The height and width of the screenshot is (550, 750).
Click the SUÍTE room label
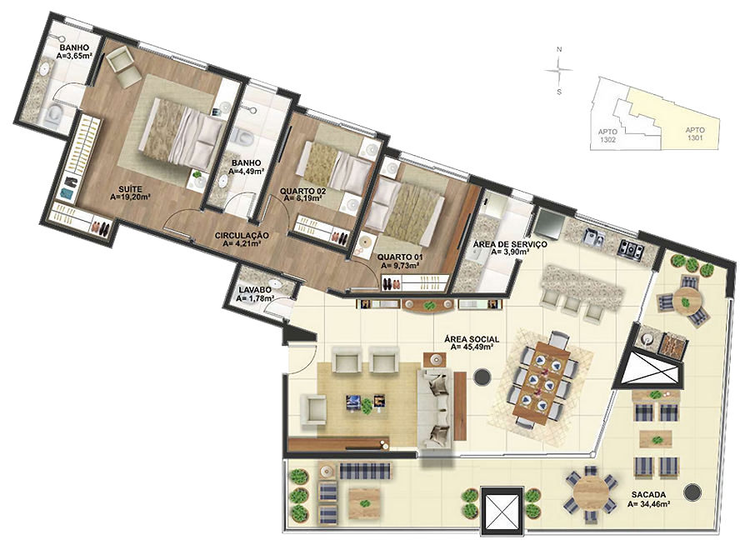(130, 189)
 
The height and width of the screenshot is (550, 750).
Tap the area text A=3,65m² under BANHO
(74, 56)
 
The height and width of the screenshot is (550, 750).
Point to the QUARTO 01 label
(399, 257)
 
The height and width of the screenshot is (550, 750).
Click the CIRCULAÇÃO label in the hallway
(242, 235)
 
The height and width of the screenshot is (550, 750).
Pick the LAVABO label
(255, 290)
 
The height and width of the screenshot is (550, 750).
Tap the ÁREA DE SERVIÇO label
(510, 244)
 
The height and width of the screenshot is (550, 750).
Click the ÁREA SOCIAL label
(472, 339)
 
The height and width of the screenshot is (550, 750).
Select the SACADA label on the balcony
(648, 495)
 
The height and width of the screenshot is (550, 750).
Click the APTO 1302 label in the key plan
(607, 136)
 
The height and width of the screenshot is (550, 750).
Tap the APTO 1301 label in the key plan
(694, 134)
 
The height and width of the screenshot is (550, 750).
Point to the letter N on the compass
(558, 49)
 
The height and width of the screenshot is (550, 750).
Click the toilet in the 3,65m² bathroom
(54, 116)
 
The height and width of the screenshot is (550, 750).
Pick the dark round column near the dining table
(482, 377)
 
